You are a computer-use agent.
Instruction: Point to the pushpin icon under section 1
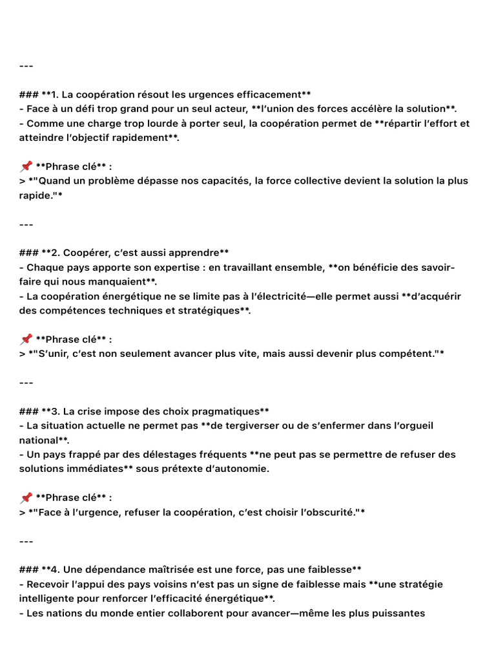(x=26, y=166)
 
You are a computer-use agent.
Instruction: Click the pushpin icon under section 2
(x=26, y=339)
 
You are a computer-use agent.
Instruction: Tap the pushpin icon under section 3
(x=26, y=497)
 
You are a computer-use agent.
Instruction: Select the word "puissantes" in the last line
(x=398, y=613)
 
